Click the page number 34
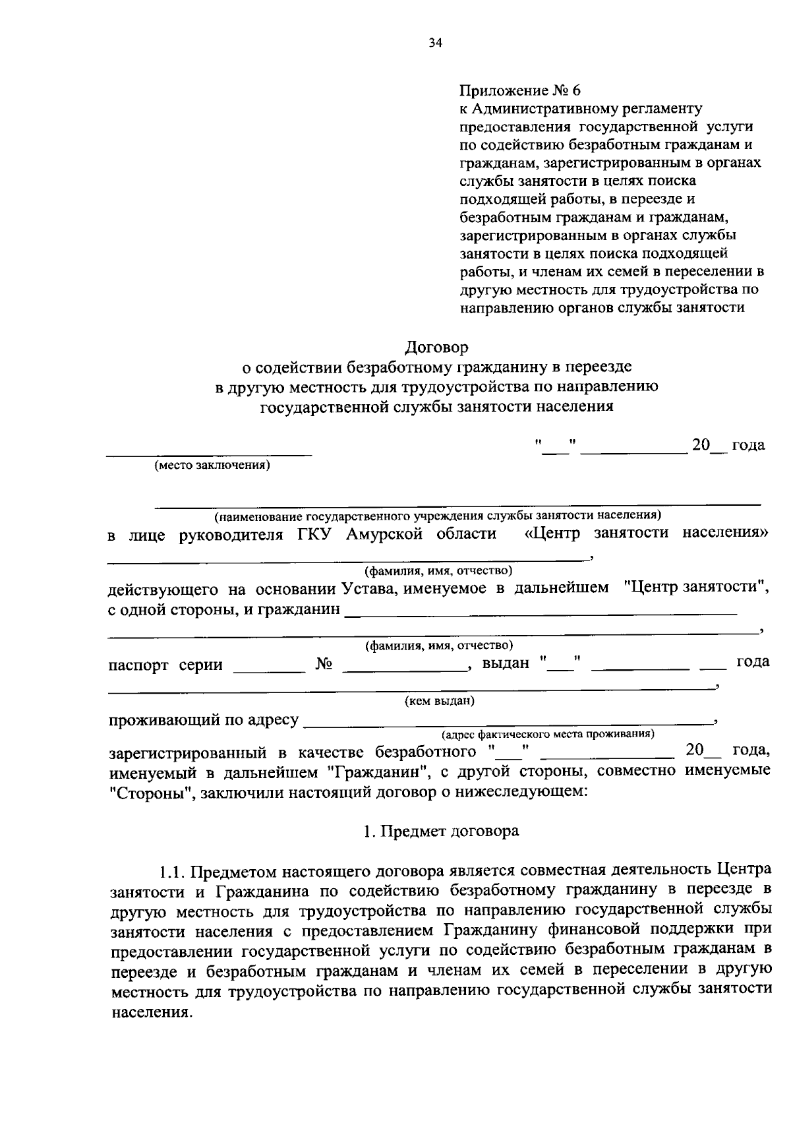(434, 44)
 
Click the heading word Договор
(436, 346)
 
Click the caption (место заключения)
(212, 466)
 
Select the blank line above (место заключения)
(210, 454)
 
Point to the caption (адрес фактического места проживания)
(548, 733)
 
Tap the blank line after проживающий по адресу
(508, 723)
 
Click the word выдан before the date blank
(506, 663)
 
